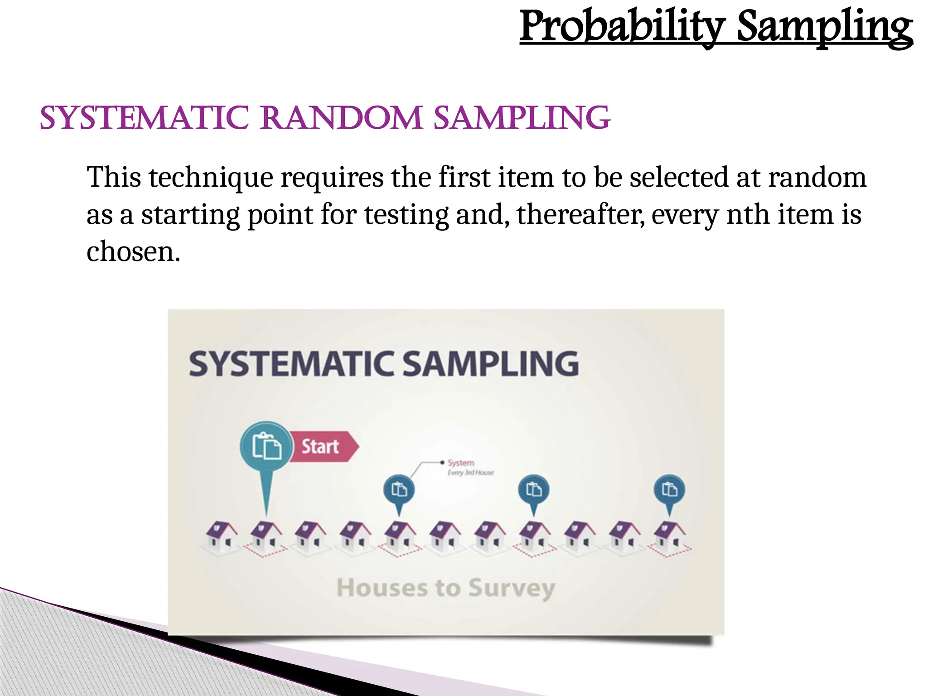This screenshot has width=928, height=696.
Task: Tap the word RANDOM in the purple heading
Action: point(342,118)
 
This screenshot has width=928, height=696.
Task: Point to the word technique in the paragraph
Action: point(211,177)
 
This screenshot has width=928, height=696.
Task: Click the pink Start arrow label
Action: point(323,447)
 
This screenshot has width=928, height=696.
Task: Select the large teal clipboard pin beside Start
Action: point(266,446)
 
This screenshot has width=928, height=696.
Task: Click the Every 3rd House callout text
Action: point(470,473)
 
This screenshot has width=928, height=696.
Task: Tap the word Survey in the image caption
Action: point(512,588)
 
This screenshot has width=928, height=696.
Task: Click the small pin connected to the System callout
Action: point(399,490)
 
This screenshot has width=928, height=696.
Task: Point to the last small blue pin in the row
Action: point(669,490)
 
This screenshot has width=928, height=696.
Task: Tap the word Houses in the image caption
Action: point(382,588)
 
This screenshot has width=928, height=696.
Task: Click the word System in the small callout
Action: point(461,463)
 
